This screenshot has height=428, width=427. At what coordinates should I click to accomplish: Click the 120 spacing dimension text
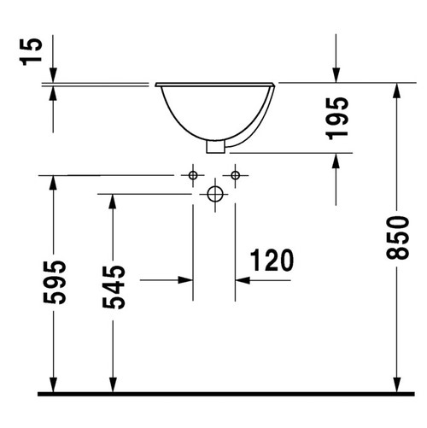(x=272, y=259)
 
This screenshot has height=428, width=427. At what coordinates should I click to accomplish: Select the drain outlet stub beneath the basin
(x=215, y=147)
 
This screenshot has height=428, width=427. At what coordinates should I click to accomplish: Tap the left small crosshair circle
(x=194, y=175)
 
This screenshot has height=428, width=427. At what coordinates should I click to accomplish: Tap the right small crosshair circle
(x=236, y=175)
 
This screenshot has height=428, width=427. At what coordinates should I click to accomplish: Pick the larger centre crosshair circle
(x=214, y=195)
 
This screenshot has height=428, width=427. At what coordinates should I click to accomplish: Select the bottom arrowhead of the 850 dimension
(x=397, y=383)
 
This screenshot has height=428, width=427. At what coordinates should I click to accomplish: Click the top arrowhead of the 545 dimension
(x=112, y=202)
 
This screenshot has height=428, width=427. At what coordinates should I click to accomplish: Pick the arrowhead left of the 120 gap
(x=185, y=278)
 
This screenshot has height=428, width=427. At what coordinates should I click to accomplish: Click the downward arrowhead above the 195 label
(x=338, y=75)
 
